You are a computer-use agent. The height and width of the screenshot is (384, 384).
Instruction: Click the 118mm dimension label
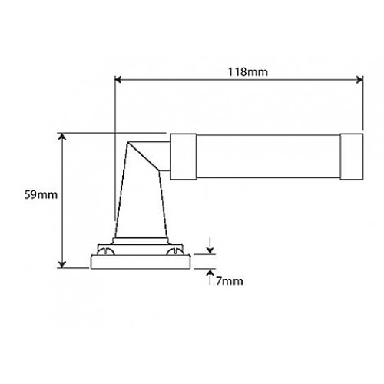[x=239, y=71]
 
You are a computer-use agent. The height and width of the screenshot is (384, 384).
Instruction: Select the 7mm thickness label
[x=229, y=281]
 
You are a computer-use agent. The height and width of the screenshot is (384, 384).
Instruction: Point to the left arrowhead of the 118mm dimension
[x=118, y=78]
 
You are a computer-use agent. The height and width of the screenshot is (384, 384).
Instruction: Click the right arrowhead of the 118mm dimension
[x=359, y=78]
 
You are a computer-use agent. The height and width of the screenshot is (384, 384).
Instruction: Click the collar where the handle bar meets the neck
[x=183, y=156]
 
